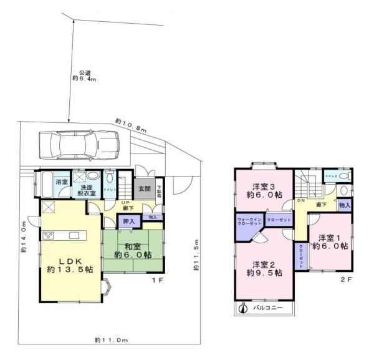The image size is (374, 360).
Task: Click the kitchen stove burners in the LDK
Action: (48, 235)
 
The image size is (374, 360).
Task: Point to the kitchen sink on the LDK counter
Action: (74, 235)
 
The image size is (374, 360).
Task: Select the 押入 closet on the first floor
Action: (127, 221)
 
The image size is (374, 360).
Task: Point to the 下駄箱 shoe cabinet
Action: (159, 190)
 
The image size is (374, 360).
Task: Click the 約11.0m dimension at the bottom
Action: (112, 340)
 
